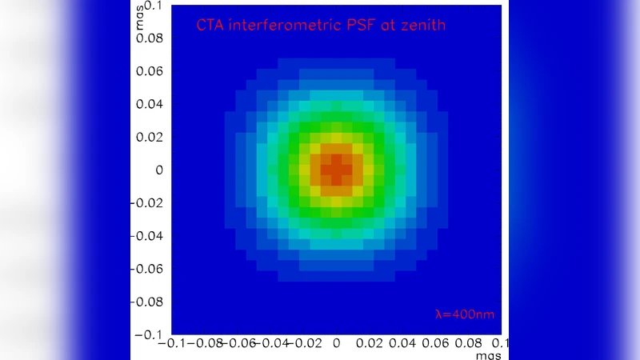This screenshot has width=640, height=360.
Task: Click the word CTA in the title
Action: coord(209,26)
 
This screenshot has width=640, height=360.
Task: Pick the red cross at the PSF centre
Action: coord(337,170)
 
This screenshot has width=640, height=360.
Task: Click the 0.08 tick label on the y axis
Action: coord(149,38)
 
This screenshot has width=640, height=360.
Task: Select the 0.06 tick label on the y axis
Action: coord(149,70)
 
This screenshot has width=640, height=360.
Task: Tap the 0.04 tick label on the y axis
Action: coord(149,103)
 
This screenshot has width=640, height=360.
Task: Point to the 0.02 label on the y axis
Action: coord(149,137)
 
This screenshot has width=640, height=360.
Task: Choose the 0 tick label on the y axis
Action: coord(158,170)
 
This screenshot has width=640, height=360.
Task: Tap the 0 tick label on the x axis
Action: coord(337,343)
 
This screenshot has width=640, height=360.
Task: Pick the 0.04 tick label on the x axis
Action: coord(403,343)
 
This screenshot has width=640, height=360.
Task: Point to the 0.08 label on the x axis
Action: coord(469,343)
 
